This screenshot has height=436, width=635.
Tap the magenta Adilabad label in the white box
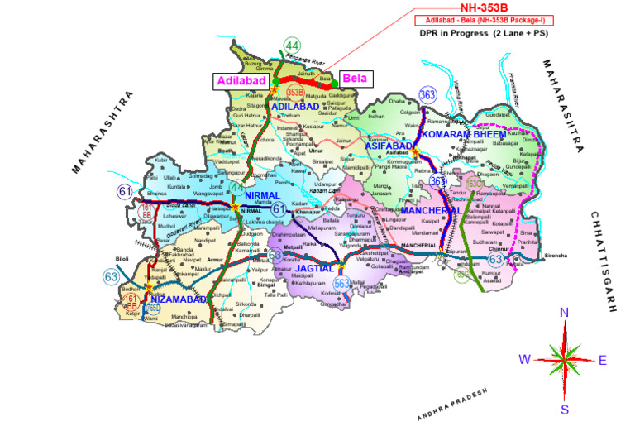click(x=240, y=80)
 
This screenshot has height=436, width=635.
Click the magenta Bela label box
click(x=356, y=79)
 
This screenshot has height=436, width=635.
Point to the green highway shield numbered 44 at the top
click(x=292, y=46)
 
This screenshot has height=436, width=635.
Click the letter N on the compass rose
click(x=565, y=313)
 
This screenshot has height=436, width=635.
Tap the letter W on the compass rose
click(x=524, y=359)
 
